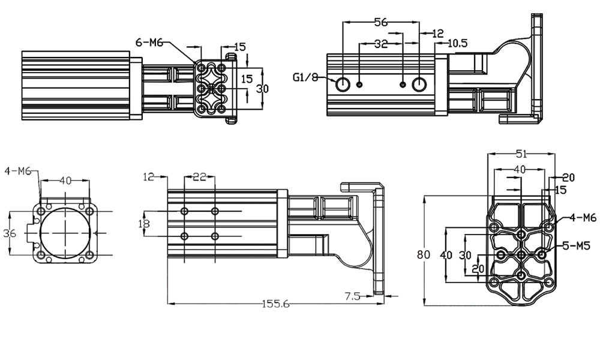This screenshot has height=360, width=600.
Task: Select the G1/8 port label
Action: pyautogui.click(x=304, y=77)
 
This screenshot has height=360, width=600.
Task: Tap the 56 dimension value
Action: pyautogui.click(x=380, y=22)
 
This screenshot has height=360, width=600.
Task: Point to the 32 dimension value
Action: pyautogui.click(x=380, y=44)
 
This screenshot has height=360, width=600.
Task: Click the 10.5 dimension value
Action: pyautogui.click(x=458, y=43)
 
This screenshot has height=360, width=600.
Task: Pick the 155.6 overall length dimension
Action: pyautogui.click(x=275, y=304)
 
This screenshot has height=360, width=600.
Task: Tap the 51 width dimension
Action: pyautogui.click(x=520, y=154)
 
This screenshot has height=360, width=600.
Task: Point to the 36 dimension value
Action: pyautogui.click(x=10, y=233)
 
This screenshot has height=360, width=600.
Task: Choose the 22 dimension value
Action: pyautogui.click(x=200, y=176)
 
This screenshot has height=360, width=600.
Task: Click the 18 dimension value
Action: pyautogui.click(x=144, y=224)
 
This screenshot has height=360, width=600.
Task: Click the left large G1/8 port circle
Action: pyautogui.click(x=343, y=84)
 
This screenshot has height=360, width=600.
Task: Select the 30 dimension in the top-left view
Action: pyautogui.click(x=262, y=88)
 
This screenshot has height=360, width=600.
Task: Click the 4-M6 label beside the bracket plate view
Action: pyautogui.click(x=583, y=217)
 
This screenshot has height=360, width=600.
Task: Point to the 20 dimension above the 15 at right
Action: pyautogui.click(x=568, y=177)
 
